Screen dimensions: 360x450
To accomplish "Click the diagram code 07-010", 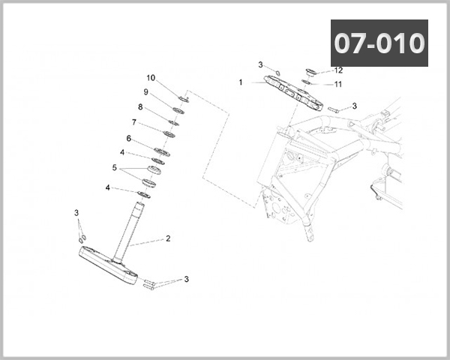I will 379,43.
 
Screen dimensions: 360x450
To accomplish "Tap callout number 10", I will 151,78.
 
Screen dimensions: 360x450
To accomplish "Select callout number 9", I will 146,92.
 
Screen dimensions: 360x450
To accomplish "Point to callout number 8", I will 140,107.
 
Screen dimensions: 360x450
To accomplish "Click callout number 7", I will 134,122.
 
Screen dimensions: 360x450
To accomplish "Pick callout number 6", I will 128,138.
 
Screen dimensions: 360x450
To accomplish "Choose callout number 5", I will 115,167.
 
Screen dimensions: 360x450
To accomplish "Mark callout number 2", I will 168,238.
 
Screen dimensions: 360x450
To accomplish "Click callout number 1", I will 241,82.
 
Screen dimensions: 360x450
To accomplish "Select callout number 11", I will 338,84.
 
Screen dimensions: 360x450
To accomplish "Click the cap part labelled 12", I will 310,73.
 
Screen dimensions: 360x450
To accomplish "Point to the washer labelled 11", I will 307,82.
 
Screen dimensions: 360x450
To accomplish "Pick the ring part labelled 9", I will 179,111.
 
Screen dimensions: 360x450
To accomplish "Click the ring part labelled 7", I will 169,135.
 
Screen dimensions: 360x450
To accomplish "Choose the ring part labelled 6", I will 162,152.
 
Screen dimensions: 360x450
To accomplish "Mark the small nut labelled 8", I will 174,122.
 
